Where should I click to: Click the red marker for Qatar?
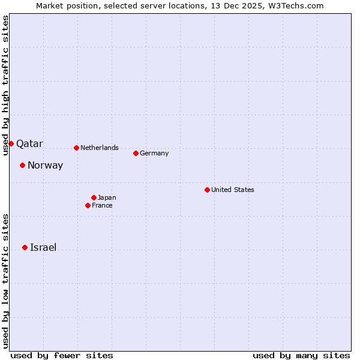coord(11,143)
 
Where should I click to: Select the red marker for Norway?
coord(22,165)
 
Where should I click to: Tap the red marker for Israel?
coord(25,247)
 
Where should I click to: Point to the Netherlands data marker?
coord(76,148)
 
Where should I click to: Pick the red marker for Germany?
coord(136,153)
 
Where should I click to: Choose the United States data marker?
coord(207,190)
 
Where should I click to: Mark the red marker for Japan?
coord(94,197)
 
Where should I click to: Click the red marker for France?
coord(88,205)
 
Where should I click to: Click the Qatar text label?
coord(29,144)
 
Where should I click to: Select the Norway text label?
coord(45,166)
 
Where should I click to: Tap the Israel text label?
coord(43,248)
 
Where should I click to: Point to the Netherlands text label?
coord(100,148)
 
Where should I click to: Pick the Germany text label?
coord(154,153)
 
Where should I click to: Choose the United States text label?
coord(233,190)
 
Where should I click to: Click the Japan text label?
coord(107,197)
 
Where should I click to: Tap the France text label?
coord(102,205)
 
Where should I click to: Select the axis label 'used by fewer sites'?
coord(62,355)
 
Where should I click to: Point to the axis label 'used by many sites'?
coord(301,355)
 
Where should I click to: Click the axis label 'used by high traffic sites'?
coord(5,85)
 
